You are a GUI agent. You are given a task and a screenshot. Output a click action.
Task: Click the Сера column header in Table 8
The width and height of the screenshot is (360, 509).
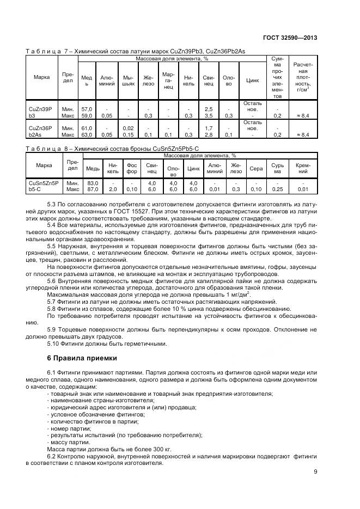[255, 168]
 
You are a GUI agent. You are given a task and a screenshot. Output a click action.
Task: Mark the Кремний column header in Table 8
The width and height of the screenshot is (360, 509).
[302, 168]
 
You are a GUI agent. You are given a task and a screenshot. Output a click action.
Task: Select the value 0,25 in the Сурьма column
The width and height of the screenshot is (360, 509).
[277, 189]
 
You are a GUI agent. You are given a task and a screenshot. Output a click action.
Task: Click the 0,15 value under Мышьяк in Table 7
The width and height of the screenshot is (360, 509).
[128, 134]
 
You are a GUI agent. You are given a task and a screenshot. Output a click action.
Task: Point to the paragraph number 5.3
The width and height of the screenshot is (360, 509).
[52, 204]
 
